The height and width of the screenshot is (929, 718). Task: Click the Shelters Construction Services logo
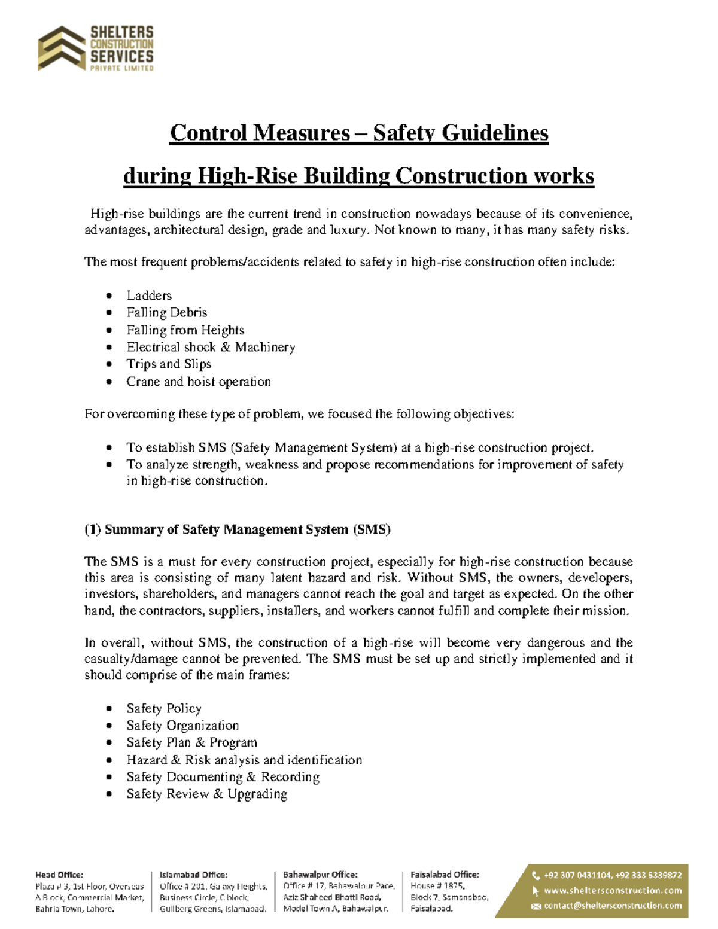[96, 48]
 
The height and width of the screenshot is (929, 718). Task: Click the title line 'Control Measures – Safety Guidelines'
[358, 133]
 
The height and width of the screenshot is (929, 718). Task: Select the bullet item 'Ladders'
[149, 296]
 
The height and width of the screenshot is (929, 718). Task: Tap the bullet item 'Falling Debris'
[166, 312]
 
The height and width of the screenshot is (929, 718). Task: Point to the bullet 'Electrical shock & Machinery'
[211, 347]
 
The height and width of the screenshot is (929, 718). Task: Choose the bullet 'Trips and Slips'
[169, 364]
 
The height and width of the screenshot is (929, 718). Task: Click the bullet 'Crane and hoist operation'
[199, 382]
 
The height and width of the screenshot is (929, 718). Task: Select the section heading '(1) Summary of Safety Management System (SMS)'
[237, 529]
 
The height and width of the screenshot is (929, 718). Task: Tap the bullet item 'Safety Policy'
[164, 709]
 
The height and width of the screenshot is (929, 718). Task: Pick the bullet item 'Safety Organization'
[182, 726]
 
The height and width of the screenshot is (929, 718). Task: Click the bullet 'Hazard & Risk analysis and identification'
[244, 760]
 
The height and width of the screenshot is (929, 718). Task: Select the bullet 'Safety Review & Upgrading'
[206, 794]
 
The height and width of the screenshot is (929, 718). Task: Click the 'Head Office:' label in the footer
[59, 875]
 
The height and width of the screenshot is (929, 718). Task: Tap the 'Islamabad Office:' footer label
[193, 875]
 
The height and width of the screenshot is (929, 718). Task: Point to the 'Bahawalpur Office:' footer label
[320, 875]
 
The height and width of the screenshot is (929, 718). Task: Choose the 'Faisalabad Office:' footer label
[445, 875]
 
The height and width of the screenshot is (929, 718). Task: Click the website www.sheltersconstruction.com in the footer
[612, 890]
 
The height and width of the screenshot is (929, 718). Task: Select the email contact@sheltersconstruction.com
[612, 906]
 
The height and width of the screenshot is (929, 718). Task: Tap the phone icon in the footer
[536, 875]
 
